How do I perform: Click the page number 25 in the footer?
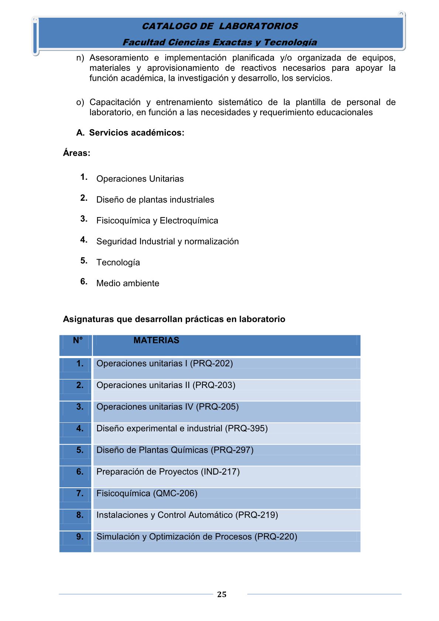222,594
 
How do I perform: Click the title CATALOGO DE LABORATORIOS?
220,26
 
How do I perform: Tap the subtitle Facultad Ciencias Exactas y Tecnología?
220,42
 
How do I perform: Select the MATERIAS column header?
156,340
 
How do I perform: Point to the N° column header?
78,340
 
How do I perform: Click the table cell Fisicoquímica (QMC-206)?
147,493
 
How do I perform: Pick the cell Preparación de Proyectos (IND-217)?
168,471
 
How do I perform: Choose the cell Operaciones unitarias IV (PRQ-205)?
167,406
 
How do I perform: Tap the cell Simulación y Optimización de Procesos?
196,536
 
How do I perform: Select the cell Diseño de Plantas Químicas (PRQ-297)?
175,450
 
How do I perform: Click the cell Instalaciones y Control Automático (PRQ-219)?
187,515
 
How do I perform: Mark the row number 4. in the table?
80,428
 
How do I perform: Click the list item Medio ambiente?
128,283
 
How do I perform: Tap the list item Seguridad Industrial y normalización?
167,241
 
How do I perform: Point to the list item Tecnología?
118,263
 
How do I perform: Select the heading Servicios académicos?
137,133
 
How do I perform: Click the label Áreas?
76,153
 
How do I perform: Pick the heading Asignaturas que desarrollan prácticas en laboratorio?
174,319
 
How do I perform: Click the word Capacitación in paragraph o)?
115,102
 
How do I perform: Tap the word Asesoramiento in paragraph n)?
119,58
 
